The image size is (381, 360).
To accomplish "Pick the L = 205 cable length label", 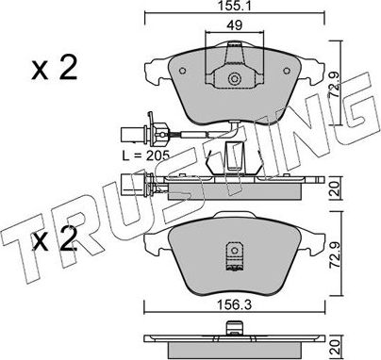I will click(147, 154).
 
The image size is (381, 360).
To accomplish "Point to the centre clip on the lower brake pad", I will click(235, 254).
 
